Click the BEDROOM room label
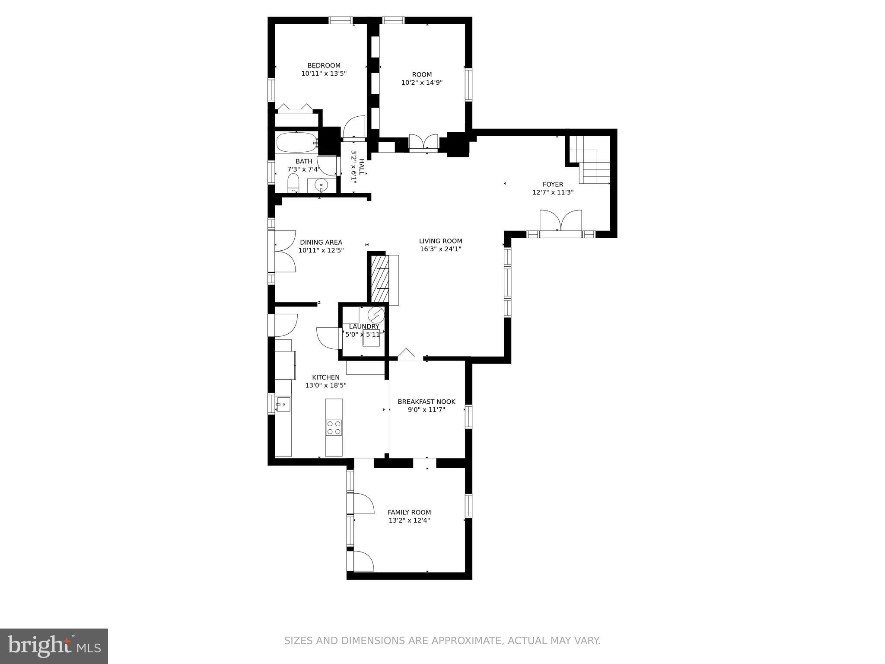[324, 66]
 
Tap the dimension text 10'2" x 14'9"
[422, 83]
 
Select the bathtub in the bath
[296, 143]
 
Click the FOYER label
[553, 185]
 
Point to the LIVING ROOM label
[440, 241]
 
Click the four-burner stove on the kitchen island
[334, 428]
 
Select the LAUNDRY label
[364, 326]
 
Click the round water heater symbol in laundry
[376, 314]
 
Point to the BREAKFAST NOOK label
[427, 402]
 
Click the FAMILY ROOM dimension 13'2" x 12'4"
[409, 520]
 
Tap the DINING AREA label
[321, 243]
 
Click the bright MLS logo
[54, 646]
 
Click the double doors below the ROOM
[423, 143]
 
